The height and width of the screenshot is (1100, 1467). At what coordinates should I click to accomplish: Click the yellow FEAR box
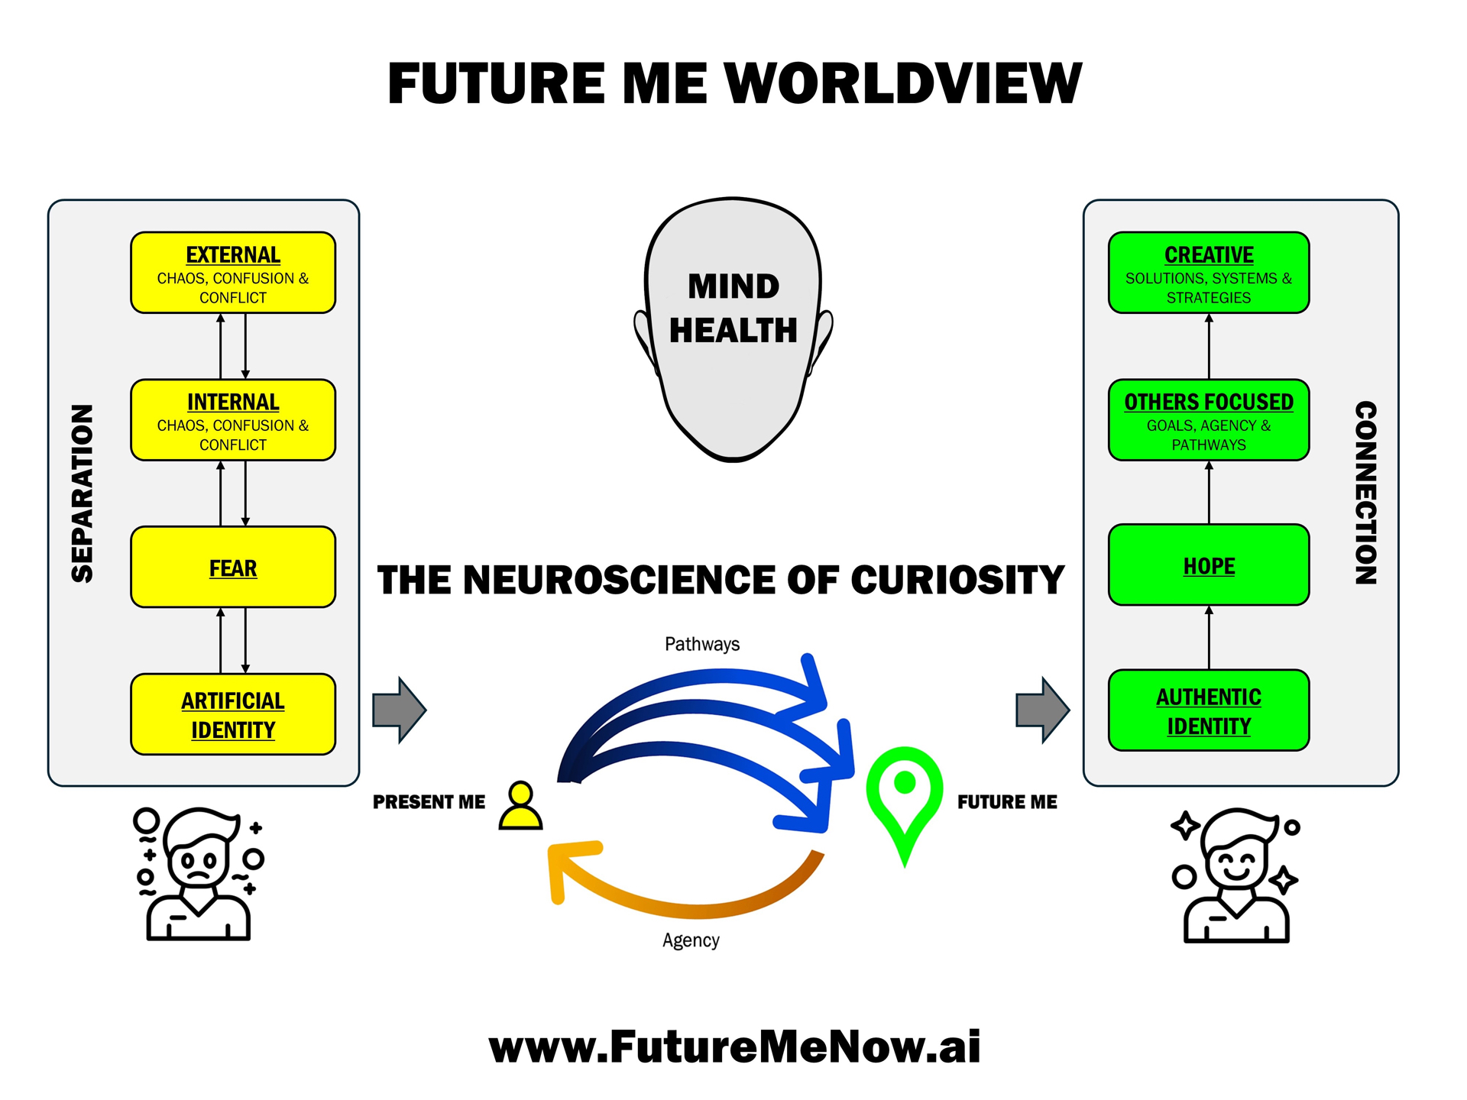pos(233,567)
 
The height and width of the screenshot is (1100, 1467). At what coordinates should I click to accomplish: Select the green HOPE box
pos(1209,565)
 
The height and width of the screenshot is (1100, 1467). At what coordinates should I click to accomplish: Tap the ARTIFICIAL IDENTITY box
pos(233,714)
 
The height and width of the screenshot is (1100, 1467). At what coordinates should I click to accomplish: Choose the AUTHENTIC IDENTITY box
pos(1209,710)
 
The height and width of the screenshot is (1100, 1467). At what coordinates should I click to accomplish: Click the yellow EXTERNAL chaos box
pos(233,273)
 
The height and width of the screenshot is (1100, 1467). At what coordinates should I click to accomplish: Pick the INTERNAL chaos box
pos(233,420)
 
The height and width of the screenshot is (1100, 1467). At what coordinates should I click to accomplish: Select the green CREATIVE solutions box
pos(1209,273)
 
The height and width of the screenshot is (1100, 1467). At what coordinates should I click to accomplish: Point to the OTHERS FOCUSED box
pos(1209,420)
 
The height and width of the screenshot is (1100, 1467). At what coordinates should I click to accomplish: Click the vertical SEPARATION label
pos(82,493)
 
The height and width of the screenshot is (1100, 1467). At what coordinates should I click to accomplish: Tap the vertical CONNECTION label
pos(1366,493)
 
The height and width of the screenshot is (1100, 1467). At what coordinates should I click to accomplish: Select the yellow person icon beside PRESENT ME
pos(520,805)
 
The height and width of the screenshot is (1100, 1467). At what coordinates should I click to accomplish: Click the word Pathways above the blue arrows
pos(702,644)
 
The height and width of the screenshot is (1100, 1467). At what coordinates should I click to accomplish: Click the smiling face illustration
pos(1235,875)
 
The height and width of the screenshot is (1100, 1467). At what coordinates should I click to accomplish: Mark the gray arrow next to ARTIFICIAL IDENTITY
pos(400,710)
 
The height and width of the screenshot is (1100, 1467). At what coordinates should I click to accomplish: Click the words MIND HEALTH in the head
pos(733,308)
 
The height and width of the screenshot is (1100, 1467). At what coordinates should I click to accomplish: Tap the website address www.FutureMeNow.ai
pos(734,1046)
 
